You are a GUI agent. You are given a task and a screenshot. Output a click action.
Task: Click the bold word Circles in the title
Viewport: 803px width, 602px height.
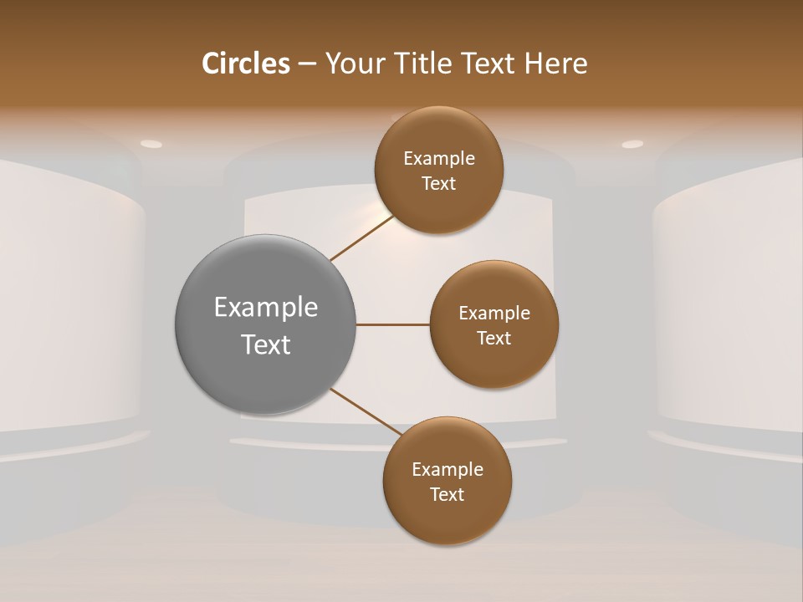pos(245,64)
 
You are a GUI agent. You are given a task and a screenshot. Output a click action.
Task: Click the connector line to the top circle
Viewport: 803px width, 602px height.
pos(361,238)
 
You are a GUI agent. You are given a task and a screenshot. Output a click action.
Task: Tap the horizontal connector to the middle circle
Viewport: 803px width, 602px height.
pos(392,324)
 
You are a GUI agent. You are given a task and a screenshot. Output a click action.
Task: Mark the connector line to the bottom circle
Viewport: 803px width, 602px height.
pos(365,411)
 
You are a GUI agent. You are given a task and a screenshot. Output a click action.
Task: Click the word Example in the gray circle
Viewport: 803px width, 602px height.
pos(266,308)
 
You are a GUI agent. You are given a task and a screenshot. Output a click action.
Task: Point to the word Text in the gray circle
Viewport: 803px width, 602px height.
pos(266,344)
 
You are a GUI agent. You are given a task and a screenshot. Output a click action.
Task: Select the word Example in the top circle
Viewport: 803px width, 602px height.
pos(439,159)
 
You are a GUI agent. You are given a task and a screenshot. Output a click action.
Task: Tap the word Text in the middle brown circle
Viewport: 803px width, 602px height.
pos(494,338)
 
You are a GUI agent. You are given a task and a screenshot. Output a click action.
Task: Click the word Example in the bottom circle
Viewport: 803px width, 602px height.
pos(448,470)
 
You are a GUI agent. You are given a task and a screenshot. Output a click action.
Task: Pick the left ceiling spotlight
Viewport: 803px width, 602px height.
pos(151,144)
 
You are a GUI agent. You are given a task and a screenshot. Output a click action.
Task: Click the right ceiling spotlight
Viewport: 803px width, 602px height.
pos(632,145)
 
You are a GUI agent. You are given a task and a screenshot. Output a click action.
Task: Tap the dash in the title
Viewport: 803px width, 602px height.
pos(307,64)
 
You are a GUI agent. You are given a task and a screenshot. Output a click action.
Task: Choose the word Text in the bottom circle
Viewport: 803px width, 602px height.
pos(447,494)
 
